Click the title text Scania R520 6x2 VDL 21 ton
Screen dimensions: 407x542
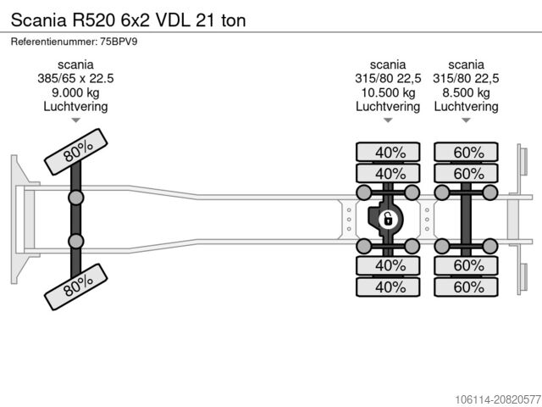128,20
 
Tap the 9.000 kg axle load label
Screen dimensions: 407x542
75,93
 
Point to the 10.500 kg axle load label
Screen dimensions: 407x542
387,93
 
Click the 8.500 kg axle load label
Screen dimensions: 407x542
465,93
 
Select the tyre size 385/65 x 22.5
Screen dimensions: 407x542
75,79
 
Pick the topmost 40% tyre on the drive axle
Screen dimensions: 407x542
387,153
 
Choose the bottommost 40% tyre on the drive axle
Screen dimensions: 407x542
387,287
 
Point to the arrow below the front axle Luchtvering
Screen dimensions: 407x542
75,120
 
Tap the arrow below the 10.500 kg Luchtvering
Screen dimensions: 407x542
387,120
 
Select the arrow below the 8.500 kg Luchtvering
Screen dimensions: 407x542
465,120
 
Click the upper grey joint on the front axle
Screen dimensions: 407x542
76,198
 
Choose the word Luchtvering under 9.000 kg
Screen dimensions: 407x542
75,107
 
